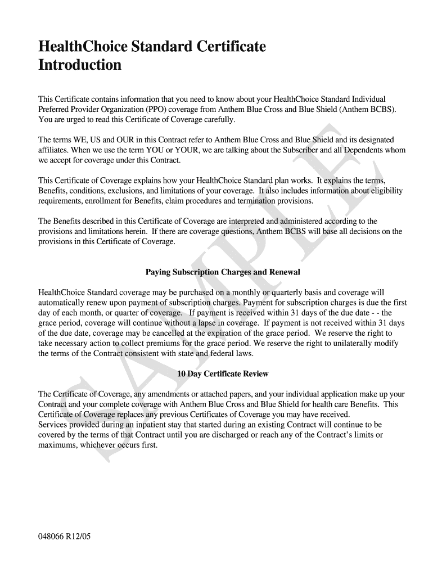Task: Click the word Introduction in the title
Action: [79, 65]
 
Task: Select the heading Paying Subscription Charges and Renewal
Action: [223, 272]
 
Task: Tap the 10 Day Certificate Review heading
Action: [223, 373]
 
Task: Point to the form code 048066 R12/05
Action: [64, 537]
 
